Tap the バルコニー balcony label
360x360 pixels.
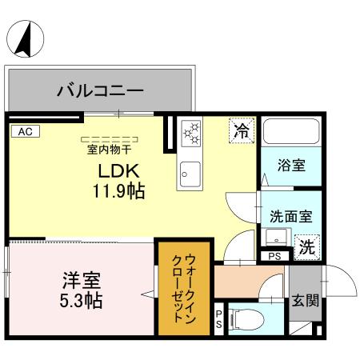[100, 90]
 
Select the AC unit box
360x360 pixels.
[24, 129]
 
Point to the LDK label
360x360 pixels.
[119, 170]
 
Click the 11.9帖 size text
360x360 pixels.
[118, 192]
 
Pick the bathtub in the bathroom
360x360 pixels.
[291, 137]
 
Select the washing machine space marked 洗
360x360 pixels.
[306, 247]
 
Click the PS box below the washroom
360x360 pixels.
[274, 257]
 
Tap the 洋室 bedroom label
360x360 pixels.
[82, 282]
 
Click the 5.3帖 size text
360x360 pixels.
[82, 302]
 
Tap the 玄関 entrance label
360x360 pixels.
[304, 301]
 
